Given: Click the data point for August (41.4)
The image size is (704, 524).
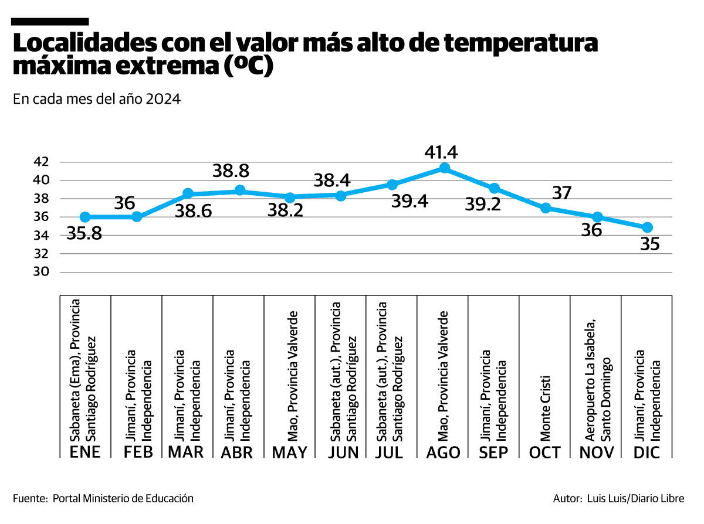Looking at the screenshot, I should (x=444, y=168).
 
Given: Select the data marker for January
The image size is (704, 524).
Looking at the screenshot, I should (x=85, y=217).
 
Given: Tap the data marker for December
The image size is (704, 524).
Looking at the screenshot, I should (x=647, y=227).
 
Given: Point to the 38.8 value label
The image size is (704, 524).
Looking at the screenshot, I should (x=231, y=171).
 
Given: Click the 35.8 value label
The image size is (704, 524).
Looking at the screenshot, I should (x=84, y=234).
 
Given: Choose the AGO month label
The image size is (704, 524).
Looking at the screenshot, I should (x=443, y=452).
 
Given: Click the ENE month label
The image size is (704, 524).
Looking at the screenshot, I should (x=85, y=452).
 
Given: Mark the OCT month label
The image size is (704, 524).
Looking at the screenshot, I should (x=544, y=452).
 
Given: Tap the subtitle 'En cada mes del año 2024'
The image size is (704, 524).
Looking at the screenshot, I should (x=96, y=99).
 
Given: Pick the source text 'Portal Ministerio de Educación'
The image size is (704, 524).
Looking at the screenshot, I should (x=123, y=498).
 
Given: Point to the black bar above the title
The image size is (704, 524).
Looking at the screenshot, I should (x=50, y=21).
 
